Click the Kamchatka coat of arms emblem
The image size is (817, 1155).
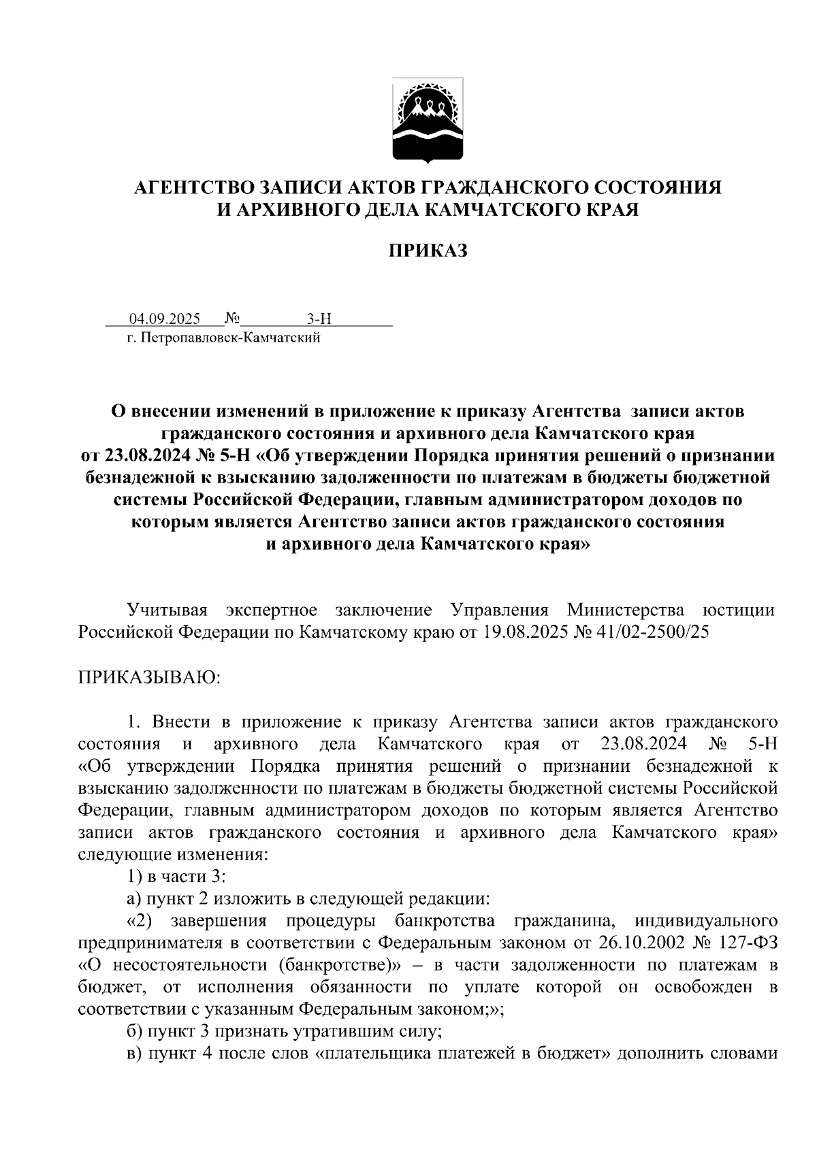pos(428,120)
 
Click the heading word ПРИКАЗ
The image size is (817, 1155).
pos(428,251)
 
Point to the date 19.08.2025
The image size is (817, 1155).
pos(524,632)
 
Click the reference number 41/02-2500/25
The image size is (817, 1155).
pos(655,632)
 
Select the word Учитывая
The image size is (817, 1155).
pos(168,609)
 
